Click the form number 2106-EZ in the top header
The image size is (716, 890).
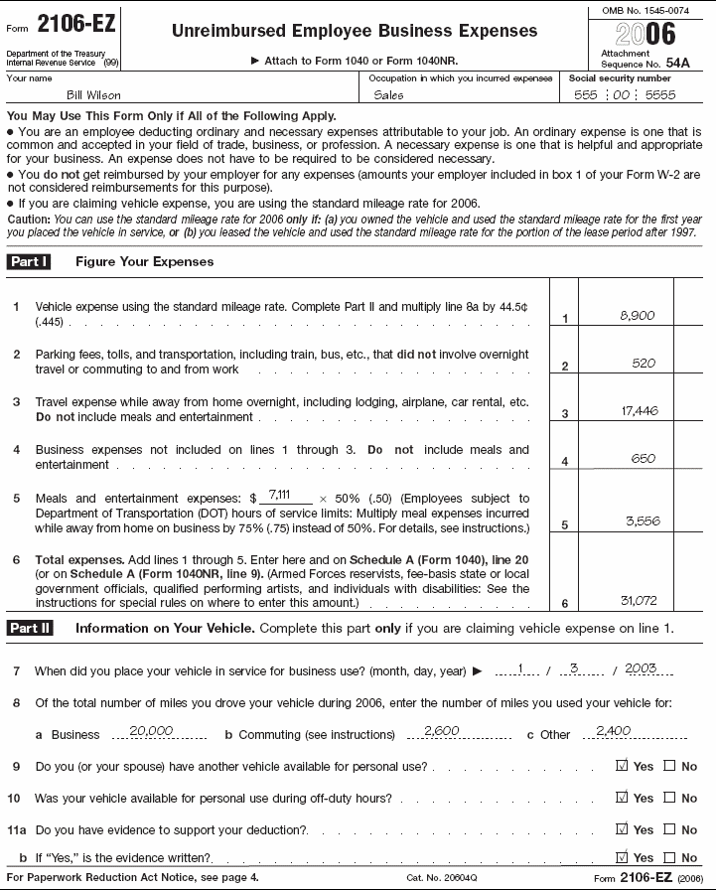[x=75, y=23]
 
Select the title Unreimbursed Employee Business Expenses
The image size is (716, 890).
[x=355, y=31]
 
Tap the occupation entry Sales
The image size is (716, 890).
[x=389, y=95]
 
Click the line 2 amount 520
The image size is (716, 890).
[x=644, y=364]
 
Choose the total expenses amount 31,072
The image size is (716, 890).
[x=637, y=600]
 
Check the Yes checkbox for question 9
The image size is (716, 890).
[x=623, y=767]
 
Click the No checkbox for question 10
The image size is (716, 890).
[x=669, y=798]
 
